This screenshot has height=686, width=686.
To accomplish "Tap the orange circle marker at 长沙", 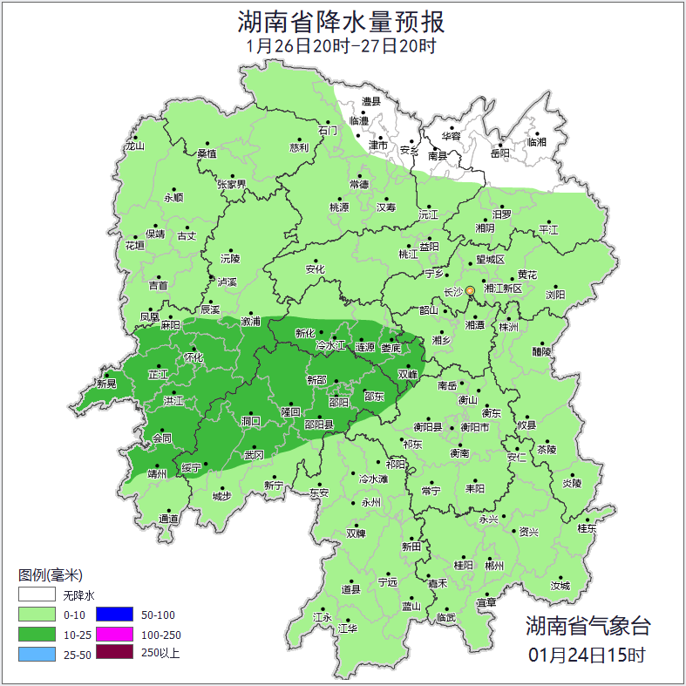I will click(471, 290).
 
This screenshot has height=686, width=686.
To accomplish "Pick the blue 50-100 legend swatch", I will click(114, 615).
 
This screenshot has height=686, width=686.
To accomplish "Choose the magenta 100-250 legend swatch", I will click(114, 634).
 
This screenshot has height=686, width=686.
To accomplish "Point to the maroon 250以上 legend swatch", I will click(114, 653).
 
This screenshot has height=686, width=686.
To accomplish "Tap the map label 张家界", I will click(232, 184).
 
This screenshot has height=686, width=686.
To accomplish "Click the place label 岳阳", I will click(499, 153).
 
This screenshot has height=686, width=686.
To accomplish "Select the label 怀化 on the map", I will click(193, 357).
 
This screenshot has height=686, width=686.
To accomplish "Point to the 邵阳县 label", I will click(318, 424).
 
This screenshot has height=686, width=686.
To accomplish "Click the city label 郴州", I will click(494, 565).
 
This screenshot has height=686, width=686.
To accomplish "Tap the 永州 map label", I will click(370, 503).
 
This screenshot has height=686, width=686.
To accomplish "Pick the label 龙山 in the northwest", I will click(134, 146).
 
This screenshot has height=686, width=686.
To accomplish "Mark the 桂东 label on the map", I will click(588, 527).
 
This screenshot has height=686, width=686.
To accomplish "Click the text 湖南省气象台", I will click(588, 625).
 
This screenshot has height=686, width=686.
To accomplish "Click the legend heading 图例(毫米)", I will click(50, 574).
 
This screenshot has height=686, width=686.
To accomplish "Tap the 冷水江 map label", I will click(330, 346).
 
